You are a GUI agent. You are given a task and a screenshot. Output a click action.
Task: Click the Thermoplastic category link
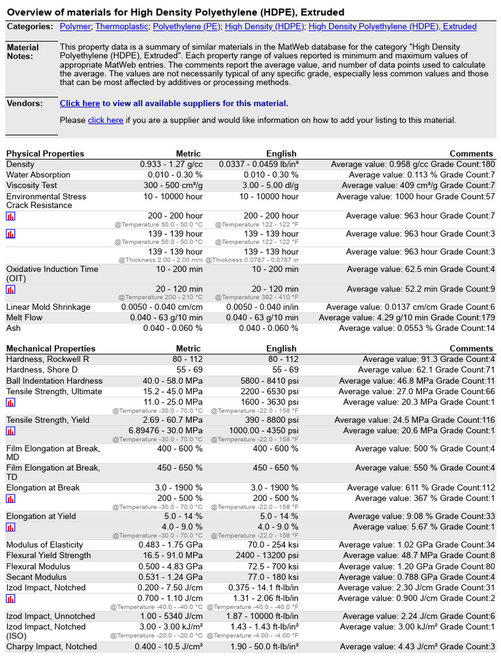click(121, 27)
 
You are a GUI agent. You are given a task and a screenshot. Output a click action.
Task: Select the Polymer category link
click(75, 27)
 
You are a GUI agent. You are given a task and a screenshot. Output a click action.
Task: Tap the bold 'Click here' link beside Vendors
click(80, 103)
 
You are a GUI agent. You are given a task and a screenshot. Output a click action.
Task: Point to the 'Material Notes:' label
click(23, 52)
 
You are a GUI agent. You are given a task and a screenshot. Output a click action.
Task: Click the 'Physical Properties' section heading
click(45, 153)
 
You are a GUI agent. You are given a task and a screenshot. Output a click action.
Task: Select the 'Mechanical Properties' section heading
click(51, 348)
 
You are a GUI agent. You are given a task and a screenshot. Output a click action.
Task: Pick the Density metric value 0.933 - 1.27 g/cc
click(171, 164)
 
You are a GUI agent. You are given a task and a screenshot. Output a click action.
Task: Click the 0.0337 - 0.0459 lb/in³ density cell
click(258, 164)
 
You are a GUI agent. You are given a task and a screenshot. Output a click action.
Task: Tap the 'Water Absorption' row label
click(38, 175)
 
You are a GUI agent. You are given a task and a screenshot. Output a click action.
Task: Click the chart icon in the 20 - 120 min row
click(10, 290)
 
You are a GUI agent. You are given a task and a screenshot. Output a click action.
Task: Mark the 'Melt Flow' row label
click(24, 318)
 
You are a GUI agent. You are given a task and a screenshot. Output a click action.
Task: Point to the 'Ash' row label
click(13, 328)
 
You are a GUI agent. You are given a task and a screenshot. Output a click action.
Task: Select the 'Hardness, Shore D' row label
click(42, 370)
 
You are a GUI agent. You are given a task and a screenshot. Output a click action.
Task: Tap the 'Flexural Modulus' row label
click(38, 566)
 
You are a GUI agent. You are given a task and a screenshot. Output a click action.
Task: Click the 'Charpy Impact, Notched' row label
click(52, 646)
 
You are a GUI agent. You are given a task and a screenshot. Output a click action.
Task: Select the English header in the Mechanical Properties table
click(282, 348)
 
